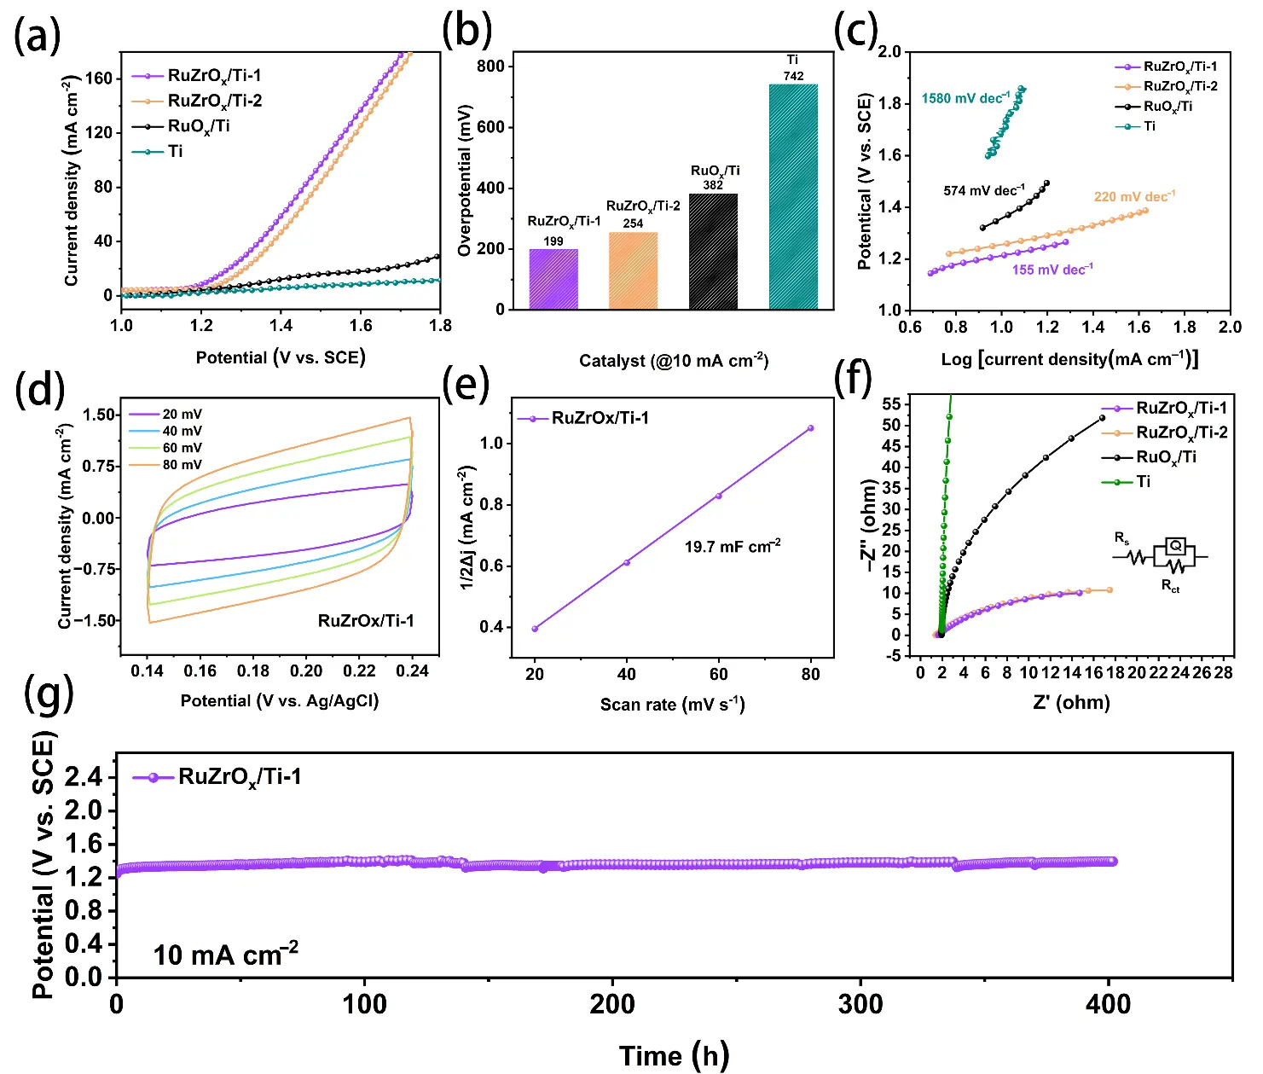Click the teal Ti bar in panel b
pos(793,196)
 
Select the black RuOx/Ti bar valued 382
pos(713,252)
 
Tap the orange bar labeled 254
pos(633,270)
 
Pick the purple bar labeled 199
pos(553,279)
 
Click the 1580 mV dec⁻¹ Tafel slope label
pos(966,98)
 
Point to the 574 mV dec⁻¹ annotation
pos(984,191)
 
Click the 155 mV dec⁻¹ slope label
pos(1053,270)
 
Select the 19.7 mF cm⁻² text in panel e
pos(733,546)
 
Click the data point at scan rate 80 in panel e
pos(811,428)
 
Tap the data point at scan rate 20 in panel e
pos(535,629)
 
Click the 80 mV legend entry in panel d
pos(165,465)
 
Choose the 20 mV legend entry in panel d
pos(165,414)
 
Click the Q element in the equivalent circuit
pos(1175,545)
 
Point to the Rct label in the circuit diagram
pos(1170,586)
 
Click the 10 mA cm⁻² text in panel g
pos(225,955)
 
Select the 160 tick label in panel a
pos(98,78)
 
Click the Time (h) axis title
pos(674,1056)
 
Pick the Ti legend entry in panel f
pos(1127,482)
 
